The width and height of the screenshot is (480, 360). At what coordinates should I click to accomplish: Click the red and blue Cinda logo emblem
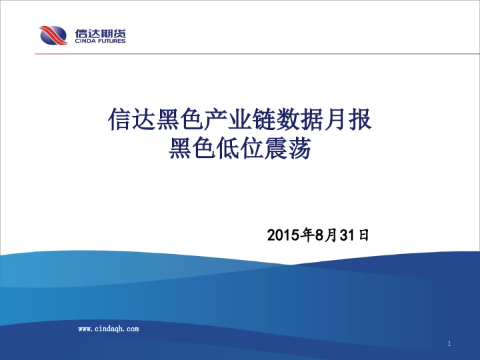click(53, 35)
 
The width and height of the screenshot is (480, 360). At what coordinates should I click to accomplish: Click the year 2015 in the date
click(283, 235)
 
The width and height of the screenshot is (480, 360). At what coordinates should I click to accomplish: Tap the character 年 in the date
click(307, 235)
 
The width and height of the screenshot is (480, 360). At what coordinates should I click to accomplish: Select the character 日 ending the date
click(363, 235)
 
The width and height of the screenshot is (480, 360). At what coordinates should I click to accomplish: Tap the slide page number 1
click(450, 343)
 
